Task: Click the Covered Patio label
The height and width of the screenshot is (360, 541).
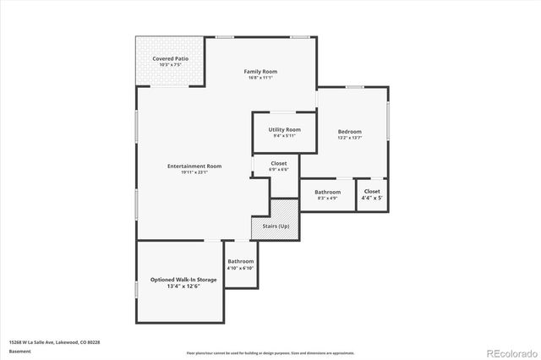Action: [x=170, y=58]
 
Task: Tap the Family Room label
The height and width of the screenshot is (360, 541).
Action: [x=260, y=72]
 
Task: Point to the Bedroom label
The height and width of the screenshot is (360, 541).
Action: [x=350, y=131]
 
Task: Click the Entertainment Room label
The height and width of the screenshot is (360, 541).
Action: [x=194, y=166]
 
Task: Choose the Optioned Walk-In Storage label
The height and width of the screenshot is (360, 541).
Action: [x=183, y=280]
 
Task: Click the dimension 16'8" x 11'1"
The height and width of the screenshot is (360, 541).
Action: [x=260, y=79]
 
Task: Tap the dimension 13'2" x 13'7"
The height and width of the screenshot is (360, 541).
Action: [x=350, y=138]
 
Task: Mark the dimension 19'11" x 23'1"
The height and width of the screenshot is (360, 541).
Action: [x=194, y=172]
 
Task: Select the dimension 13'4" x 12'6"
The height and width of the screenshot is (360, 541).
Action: [x=183, y=286]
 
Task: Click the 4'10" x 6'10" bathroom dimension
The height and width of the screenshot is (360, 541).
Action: [x=240, y=269]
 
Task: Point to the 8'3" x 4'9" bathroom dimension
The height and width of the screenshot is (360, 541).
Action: [x=327, y=199]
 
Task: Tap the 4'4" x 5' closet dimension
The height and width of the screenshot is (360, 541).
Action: [x=372, y=199]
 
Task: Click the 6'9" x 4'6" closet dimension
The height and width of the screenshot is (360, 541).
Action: [x=279, y=170]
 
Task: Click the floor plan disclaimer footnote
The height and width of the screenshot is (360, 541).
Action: [x=270, y=352]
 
